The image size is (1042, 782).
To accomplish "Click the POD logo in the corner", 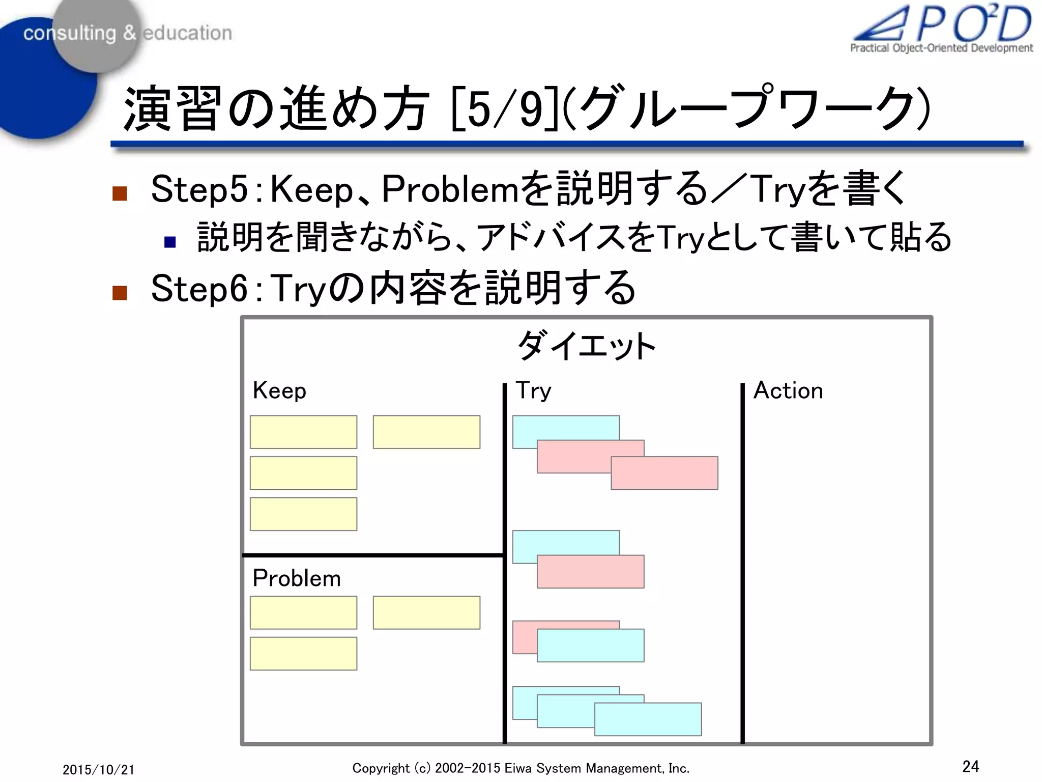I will coord(942,28).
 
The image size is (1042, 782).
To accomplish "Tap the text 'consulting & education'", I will coord(127,33).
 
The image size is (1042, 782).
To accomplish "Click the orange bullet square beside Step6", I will coord(120,293).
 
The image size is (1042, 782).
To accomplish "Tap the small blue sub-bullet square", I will coord(170,242).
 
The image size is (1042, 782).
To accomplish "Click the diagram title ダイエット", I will coord(586,346).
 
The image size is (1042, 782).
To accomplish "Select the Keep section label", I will coord(279,391).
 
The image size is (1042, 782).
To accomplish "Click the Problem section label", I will coord(297,578).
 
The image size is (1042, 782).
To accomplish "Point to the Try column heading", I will coord(533,391).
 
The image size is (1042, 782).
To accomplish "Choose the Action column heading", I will coord(788,391).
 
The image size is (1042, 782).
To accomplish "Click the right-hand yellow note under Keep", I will coord(426,432).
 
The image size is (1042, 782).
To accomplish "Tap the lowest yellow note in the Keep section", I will coord(303,514).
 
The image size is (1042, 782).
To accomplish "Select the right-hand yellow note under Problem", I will coord(426,612).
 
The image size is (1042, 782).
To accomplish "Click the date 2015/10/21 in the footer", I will coord(99,769).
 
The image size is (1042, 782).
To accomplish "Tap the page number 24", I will coord(970,766).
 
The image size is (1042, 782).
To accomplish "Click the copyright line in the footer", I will coord(520,768).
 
